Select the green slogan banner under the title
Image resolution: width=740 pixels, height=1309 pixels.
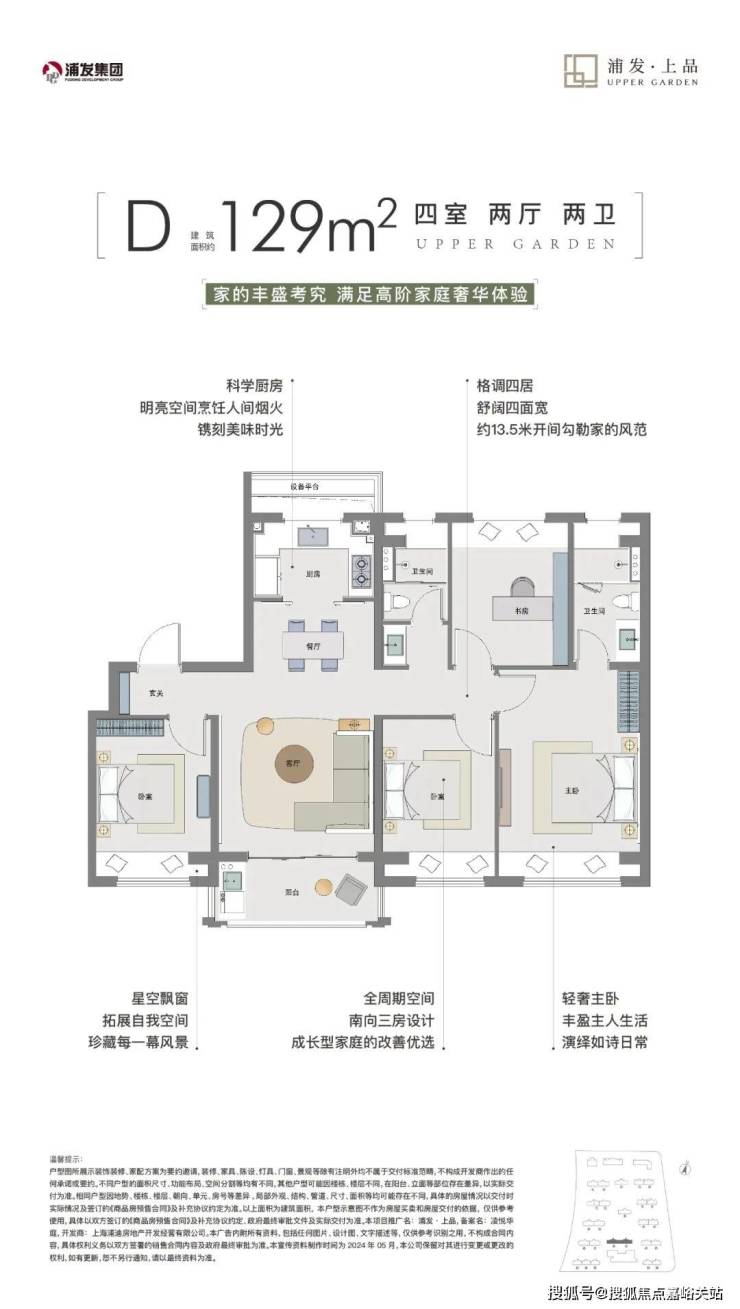point(369,297)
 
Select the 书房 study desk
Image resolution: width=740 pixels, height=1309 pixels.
point(521,607)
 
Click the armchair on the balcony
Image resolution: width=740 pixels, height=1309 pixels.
point(351,889)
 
